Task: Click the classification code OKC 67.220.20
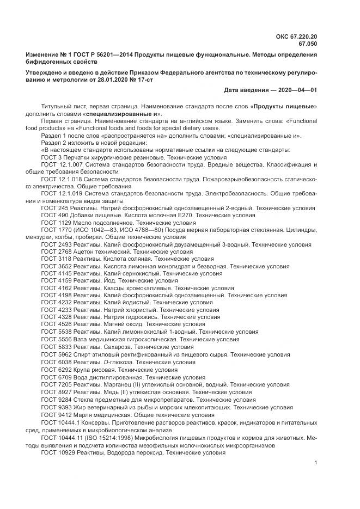click(x=297, y=36)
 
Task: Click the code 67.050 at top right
click(x=307, y=44)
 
